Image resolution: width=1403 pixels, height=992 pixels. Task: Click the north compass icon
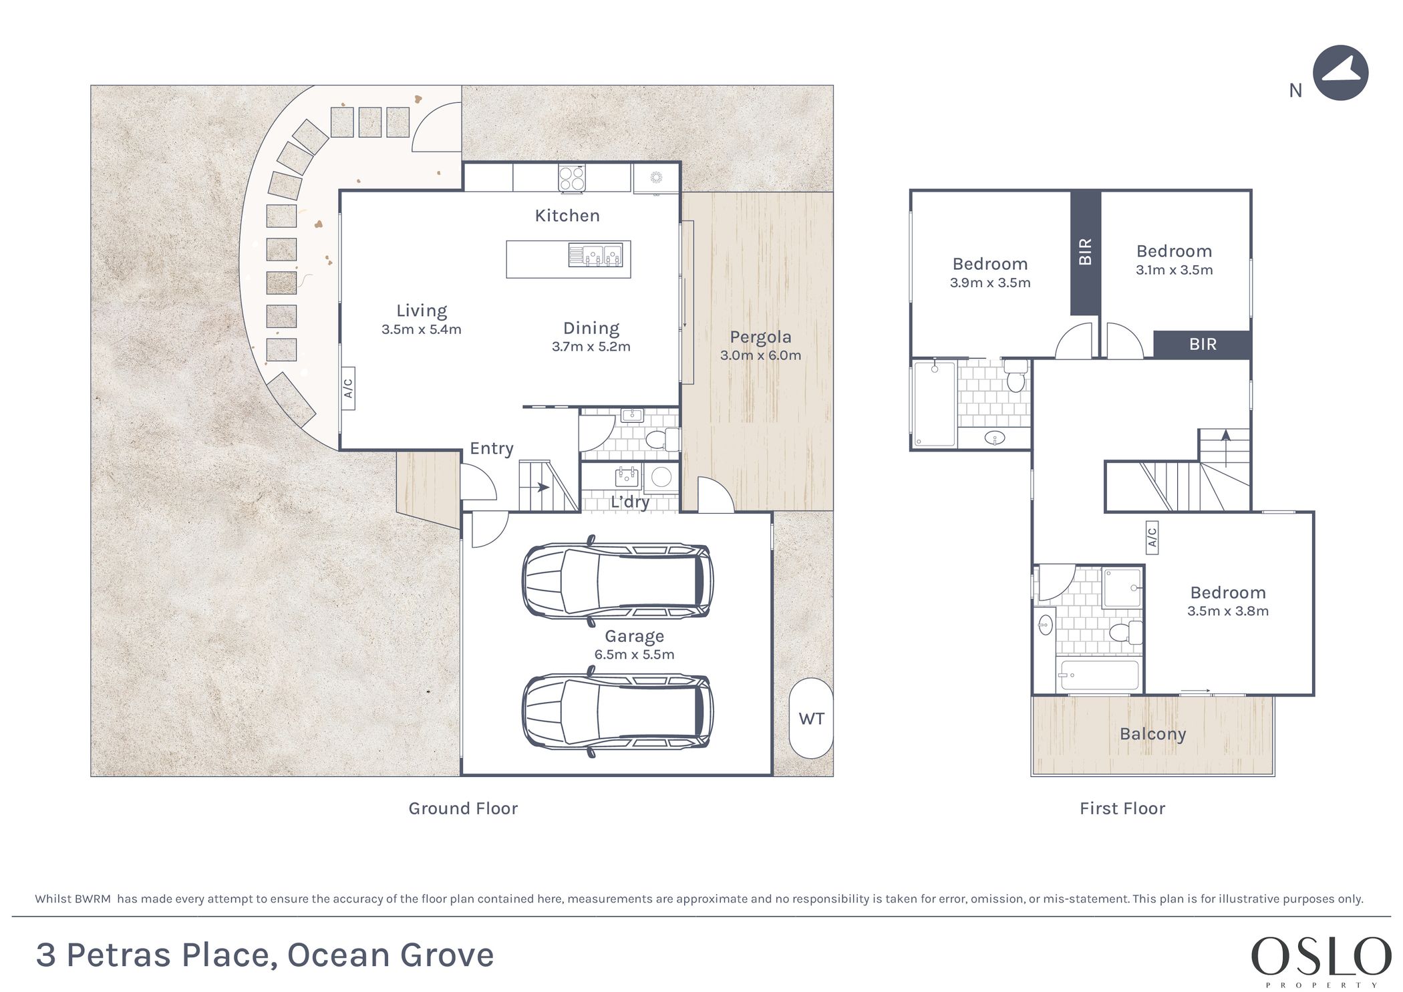click(x=1340, y=73)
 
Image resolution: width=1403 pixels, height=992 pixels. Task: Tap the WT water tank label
click(x=811, y=719)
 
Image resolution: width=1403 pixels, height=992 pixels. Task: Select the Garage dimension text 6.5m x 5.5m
click(x=634, y=655)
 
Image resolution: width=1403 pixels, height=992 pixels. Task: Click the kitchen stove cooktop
click(x=572, y=178)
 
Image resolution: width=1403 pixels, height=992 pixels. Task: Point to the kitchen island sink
click(x=595, y=255)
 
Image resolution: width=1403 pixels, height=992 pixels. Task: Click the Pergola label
click(x=760, y=337)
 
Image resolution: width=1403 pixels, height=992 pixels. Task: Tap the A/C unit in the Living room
click(x=347, y=388)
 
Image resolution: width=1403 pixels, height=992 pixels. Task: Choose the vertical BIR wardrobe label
click(x=1085, y=252)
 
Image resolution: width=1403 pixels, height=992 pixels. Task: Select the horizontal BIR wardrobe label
click(x=1203, y=344)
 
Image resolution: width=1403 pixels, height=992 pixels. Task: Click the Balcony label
click(x=1152, y=733)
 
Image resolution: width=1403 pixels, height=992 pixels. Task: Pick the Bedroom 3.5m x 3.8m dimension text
click(x=1228, y=611)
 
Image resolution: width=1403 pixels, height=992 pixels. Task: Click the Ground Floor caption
click(x=463, y=808)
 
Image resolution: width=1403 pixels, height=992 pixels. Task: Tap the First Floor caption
click(x=1122, y=808)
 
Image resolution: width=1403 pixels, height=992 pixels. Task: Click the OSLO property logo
click(x=1321, y=960)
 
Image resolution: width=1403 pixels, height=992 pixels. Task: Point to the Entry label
click(x=492, y=448)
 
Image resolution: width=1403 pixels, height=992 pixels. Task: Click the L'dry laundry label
click(x=629, y=502)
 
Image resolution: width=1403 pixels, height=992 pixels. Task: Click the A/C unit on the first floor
click(x=1152, y=538)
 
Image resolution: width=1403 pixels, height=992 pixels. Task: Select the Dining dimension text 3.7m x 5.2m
click(x=591, y=347)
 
